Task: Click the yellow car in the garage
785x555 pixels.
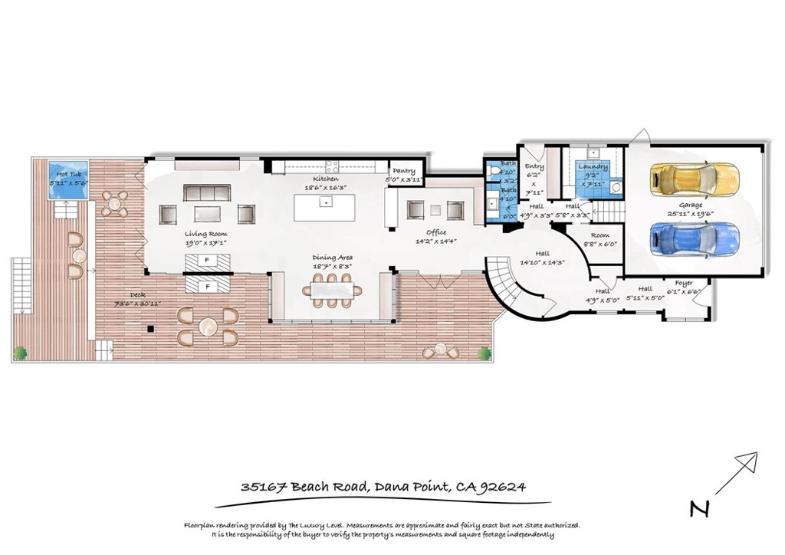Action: coord(694,179)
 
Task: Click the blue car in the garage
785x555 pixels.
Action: coord(694,238)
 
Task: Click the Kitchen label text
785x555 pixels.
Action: coord(326,177)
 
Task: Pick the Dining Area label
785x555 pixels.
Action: coord(332,258)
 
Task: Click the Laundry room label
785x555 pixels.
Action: coord(593,167)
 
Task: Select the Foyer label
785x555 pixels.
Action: coord(684,283)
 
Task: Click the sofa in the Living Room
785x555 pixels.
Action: coord(206,192)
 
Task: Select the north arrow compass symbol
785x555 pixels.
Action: coord(737,471)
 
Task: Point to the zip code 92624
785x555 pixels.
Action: coord(503,487)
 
